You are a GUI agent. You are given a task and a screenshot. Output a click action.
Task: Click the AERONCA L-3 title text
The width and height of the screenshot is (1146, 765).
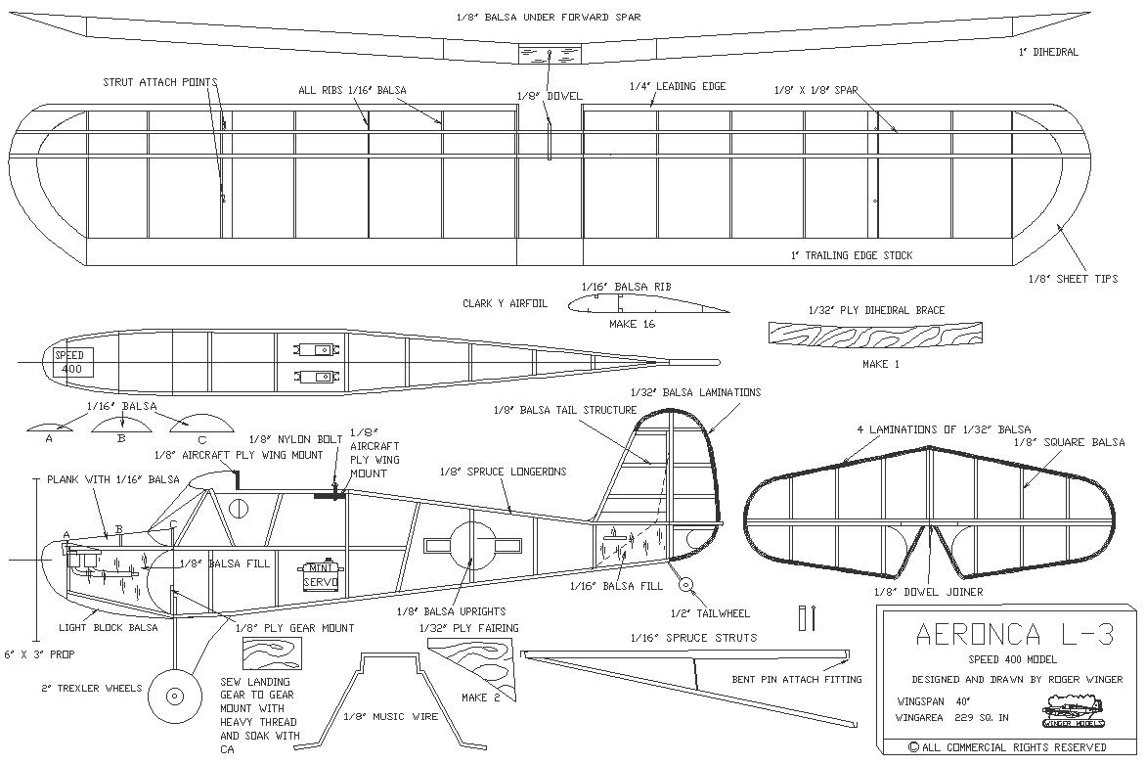click(x=1015, y=635)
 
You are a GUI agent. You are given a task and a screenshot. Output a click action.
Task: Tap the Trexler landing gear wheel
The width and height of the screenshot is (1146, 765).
click(x=174, y=696)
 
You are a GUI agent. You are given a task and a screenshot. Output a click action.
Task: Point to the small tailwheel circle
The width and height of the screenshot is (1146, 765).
click(x=685, y=584)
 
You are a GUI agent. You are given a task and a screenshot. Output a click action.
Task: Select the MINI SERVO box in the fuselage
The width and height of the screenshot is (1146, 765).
click(x=321, y=575)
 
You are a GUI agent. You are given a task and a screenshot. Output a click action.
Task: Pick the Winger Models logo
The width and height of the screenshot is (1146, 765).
click(x=1072, y=712)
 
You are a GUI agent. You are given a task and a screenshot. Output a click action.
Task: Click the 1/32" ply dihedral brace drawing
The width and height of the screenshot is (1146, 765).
click(x=875, y=334)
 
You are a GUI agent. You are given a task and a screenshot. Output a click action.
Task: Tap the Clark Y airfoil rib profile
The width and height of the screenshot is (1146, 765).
click(x=648, y=304)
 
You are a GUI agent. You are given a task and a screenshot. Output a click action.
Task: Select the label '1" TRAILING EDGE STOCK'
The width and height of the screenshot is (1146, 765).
click(x=852, y=255)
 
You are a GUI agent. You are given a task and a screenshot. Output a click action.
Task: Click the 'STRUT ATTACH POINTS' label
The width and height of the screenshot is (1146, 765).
click(x=160, y=82)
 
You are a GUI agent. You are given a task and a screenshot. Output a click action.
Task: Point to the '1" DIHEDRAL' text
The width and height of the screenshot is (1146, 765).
click(x=1048, y=52)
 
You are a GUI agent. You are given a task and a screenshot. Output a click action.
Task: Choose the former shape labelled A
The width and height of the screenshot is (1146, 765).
click(x=50, y=427)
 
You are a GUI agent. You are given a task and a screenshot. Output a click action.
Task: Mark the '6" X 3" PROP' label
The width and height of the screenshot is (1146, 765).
click(x=39, y=653)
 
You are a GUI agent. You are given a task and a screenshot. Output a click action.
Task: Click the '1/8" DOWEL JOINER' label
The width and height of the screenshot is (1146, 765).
click(x=928, y=592)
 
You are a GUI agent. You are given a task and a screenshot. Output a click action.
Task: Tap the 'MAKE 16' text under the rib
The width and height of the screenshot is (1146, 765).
click(x=633, y=323)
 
